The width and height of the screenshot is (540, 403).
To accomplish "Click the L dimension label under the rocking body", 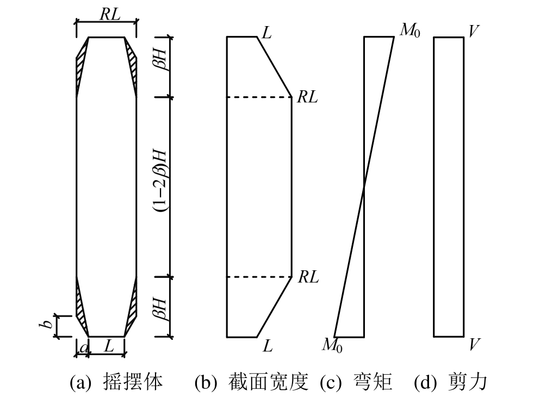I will (109, 346).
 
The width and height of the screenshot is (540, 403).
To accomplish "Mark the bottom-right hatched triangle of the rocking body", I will (132, 307).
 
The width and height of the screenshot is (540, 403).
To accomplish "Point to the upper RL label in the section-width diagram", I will (307, 98).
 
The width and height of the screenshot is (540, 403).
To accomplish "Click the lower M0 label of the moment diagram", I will (332, 345).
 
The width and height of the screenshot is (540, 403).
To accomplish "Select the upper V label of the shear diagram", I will (474, 32).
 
